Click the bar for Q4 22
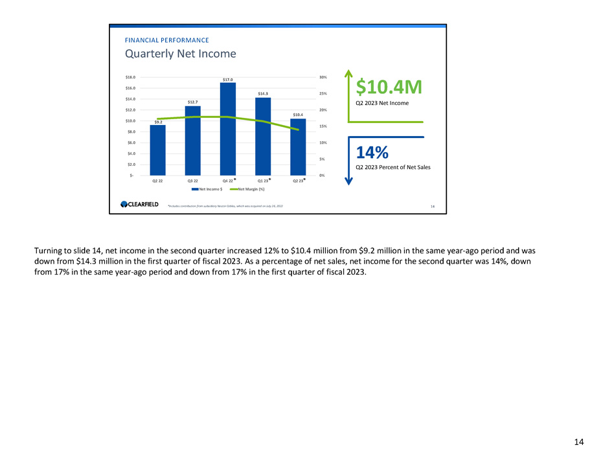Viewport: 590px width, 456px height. tap(228, 130)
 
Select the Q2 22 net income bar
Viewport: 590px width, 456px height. tap(157, 150)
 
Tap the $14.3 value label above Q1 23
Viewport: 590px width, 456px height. tap(263, 94)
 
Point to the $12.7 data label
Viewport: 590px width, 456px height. tap(192, 102)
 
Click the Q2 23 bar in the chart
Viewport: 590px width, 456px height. tap(298, 147)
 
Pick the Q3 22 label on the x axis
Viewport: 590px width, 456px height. tap(192, 181)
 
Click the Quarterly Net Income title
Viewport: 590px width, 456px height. tap(180, 54)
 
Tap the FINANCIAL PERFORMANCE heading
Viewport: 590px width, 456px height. tap(166, 40)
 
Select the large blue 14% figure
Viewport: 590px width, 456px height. tap(372, 153)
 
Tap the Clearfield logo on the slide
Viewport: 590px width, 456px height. tap(136, 205)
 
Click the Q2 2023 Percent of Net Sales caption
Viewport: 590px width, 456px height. tap(392, 167)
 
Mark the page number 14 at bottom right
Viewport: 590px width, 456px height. tap(578, 442)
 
